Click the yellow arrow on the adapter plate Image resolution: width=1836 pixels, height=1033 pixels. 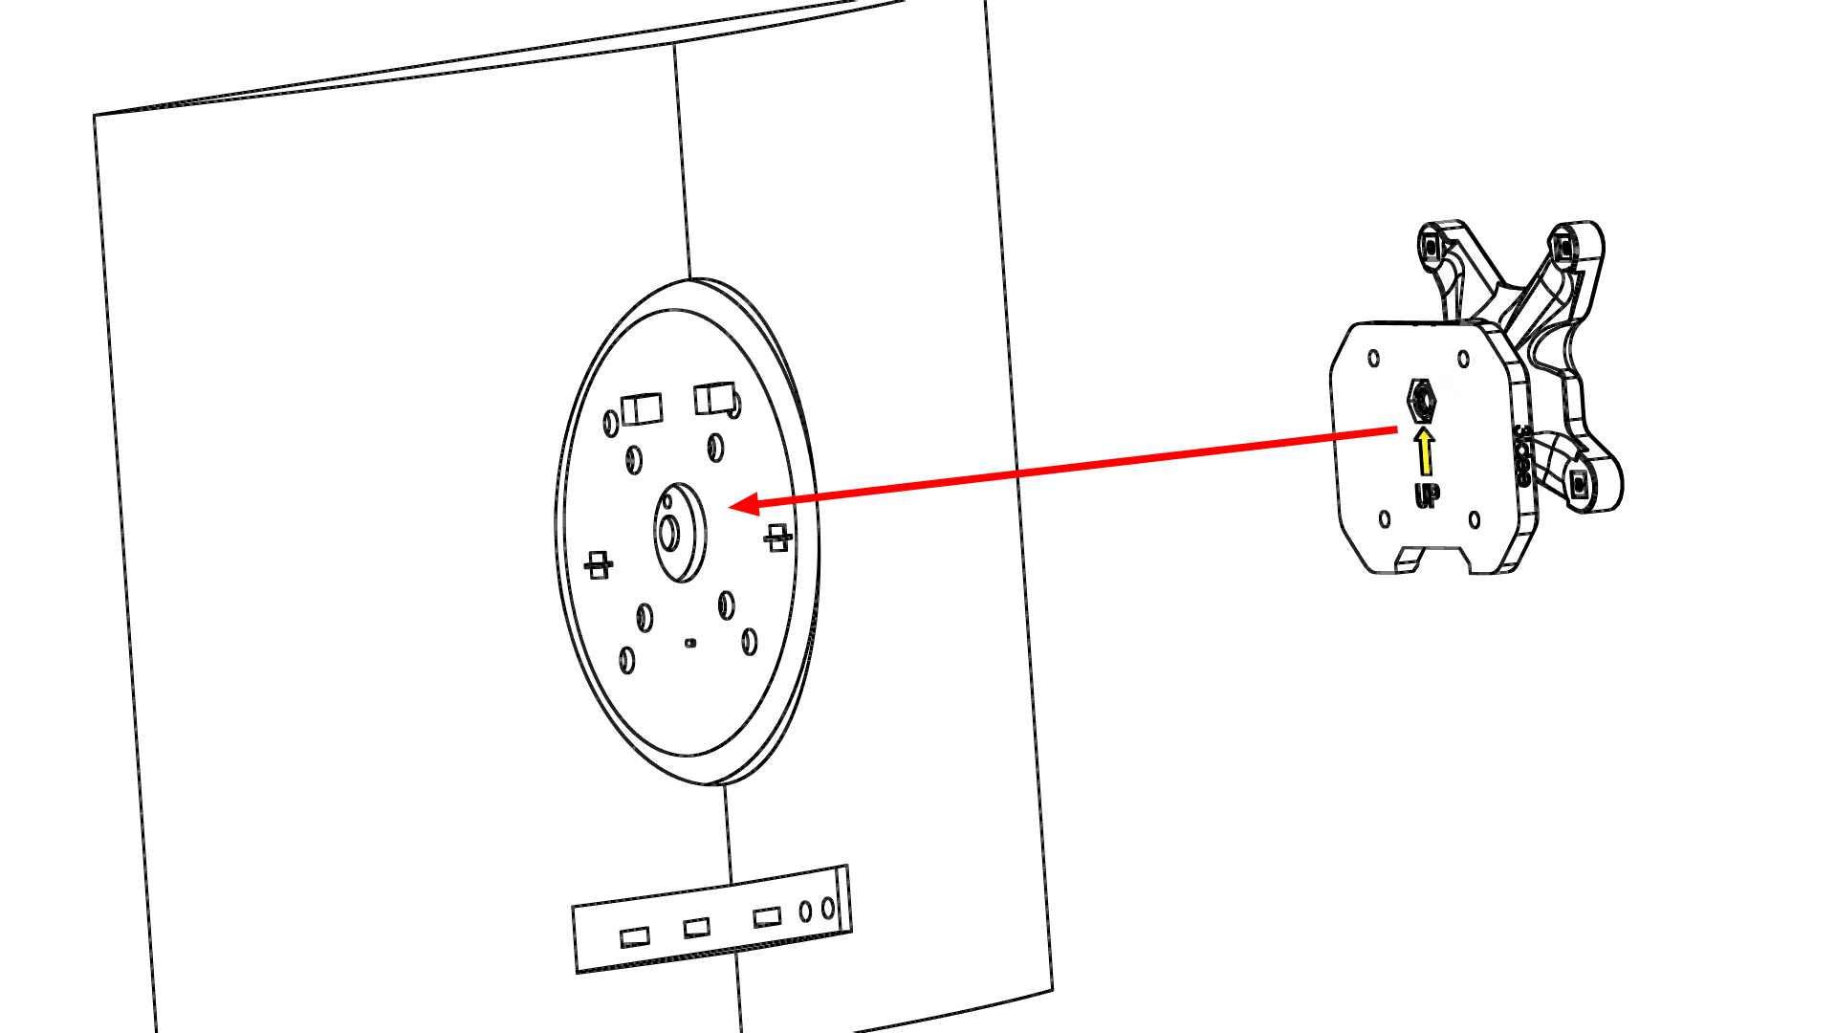1425,451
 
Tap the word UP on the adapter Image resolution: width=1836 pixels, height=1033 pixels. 1427,495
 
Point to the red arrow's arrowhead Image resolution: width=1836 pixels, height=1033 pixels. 745,504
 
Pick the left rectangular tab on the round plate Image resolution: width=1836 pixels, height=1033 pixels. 642,409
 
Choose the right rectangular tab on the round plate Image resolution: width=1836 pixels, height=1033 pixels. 714,398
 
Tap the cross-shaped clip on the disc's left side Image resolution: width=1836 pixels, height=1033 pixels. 599,564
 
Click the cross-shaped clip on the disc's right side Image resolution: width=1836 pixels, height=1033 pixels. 777,538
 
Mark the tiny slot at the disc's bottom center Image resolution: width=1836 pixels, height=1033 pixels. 690,643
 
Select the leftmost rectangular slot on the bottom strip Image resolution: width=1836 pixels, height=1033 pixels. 634,936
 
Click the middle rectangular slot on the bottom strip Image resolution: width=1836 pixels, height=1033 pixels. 696,927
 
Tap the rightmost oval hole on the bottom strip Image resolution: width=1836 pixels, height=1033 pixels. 828,908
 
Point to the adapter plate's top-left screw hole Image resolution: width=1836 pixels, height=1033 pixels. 1374,359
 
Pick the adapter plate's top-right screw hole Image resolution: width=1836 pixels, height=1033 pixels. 1463,360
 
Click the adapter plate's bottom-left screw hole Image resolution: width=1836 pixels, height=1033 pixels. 1385,519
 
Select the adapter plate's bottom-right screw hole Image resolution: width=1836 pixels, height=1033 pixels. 1475,520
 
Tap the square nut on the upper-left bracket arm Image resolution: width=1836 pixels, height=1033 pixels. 1431,247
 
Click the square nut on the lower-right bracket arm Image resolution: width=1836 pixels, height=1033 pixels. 1580,485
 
